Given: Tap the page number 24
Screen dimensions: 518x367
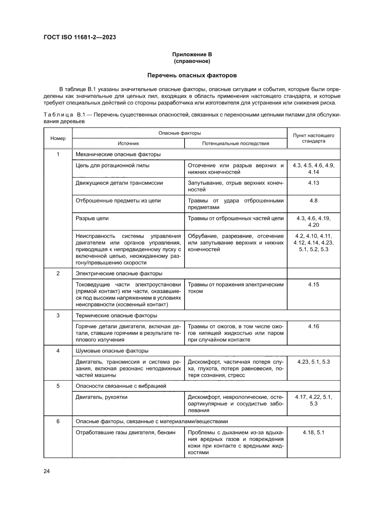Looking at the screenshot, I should coord(47,471).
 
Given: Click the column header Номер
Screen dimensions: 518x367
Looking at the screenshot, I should coord(58,138).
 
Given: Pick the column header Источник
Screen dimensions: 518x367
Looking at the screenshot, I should coord(128,144).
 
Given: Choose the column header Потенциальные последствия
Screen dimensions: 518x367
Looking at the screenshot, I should coord(236,144).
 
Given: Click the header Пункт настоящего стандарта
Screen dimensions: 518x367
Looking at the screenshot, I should coord(313,138).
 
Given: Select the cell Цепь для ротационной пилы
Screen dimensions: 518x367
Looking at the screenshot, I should coord(113,165).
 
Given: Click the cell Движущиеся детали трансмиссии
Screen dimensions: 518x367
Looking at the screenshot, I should coord(119,183).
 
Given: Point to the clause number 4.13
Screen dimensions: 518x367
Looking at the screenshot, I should coord(313,183).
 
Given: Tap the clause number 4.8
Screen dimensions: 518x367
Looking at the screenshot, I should coord(313,200).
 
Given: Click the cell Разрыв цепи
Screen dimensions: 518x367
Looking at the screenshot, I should coord(92,218).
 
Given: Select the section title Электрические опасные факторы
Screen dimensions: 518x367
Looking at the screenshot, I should coord(119,273).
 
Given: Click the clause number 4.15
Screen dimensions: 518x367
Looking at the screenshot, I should coord(313,284).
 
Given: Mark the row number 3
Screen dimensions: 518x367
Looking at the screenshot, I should coord(58,316).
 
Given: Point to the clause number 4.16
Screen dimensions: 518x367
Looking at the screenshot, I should coord(313,327).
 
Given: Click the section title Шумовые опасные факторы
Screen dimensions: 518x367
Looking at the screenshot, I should coord(112,351).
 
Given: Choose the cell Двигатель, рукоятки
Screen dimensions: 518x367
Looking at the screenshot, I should coord(102,397).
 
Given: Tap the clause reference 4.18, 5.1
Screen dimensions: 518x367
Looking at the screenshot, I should coord(313,432).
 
